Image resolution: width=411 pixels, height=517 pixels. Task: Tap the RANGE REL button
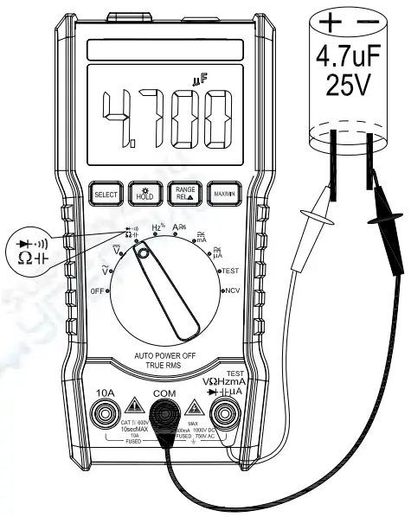[x=185, y=195]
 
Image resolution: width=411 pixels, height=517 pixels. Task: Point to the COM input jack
[x=164, y=416]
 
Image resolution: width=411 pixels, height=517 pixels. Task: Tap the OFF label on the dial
[x=98, y=292]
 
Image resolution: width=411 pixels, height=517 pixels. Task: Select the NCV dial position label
[x=232, y=291]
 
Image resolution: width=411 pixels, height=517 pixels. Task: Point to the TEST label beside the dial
[x=230, y=271]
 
